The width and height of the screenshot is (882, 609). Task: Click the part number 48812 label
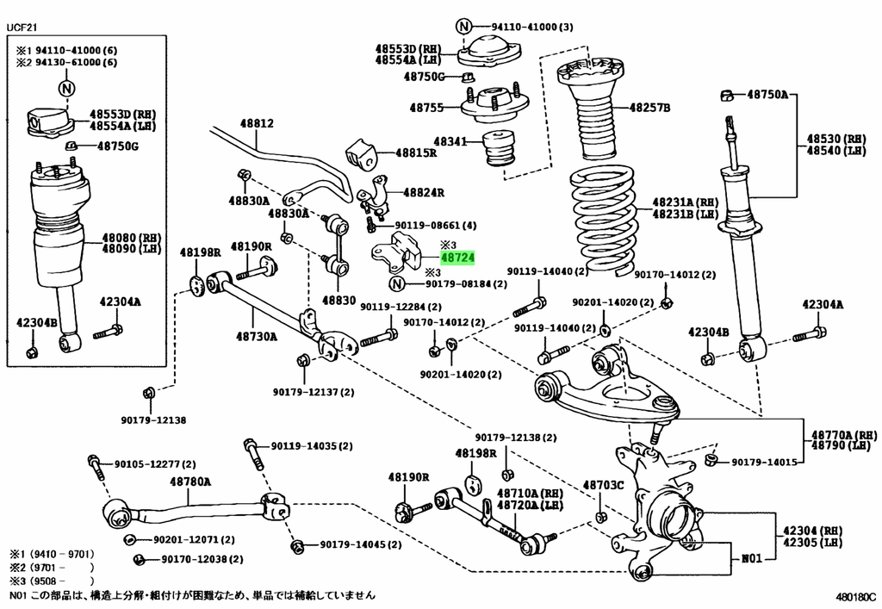[x=256, y=124]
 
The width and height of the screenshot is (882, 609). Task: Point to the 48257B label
[x=649, y=108]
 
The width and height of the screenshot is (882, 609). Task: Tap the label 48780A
[x=190, y=481]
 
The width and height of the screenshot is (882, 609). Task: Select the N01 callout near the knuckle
[x=751, y=558]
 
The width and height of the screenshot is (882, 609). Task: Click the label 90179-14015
[x=764, y=463]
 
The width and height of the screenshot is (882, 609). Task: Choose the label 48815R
[x=416, y=152]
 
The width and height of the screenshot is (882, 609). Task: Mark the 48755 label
[x=426, y=109]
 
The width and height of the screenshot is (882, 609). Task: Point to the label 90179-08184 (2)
[x=465, y=284]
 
